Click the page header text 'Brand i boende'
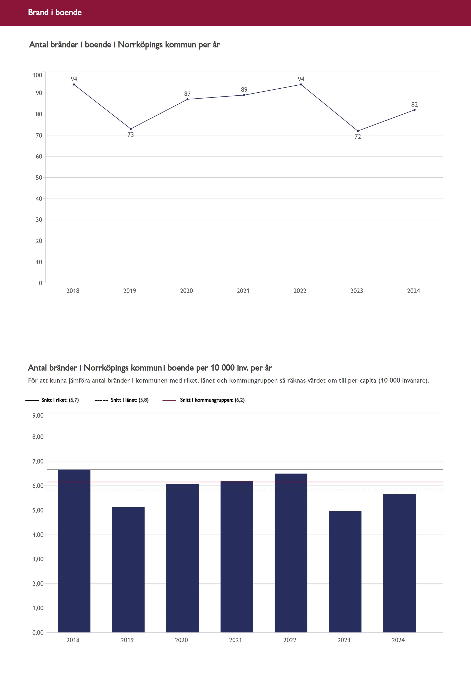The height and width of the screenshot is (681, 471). (55, 12)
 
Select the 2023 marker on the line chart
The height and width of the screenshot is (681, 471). (358, 131)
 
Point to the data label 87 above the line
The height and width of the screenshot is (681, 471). (187, 94)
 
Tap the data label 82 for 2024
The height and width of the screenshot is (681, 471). (414, 104)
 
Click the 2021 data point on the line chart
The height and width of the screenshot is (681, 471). (244, 95)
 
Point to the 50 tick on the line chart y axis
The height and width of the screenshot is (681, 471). (39, 177)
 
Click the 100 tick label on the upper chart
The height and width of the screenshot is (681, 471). (38, 75)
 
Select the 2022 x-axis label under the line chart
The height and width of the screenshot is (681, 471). (300, 291)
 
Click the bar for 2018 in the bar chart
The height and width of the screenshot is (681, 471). (74, 551)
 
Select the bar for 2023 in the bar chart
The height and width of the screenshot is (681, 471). (345, 571)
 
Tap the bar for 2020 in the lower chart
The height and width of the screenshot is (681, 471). (182, 558)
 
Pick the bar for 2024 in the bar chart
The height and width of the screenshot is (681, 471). (399, 563)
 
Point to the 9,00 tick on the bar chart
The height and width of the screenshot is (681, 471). (38, 416)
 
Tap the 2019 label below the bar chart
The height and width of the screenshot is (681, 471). (127, 640)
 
